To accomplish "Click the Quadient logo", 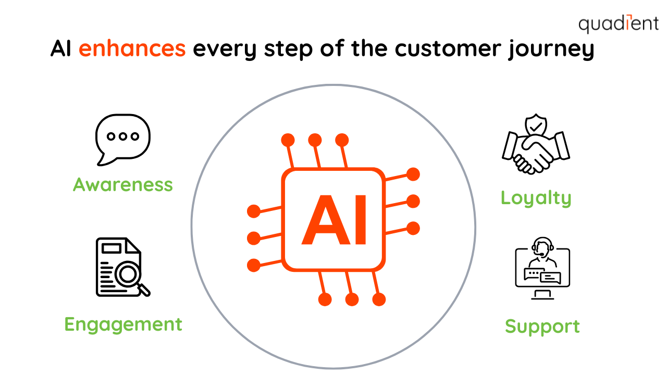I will (618, 24).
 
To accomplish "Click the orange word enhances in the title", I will (132, 49).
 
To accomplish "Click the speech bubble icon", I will (122, 138).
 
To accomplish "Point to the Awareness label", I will (123, 184).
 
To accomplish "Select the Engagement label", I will (123, 324).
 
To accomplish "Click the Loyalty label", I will (536, 198).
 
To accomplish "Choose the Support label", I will (542, 327).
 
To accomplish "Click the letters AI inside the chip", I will (333, 220).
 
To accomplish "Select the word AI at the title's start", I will (62, 49).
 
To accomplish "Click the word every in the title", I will (225, 50).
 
